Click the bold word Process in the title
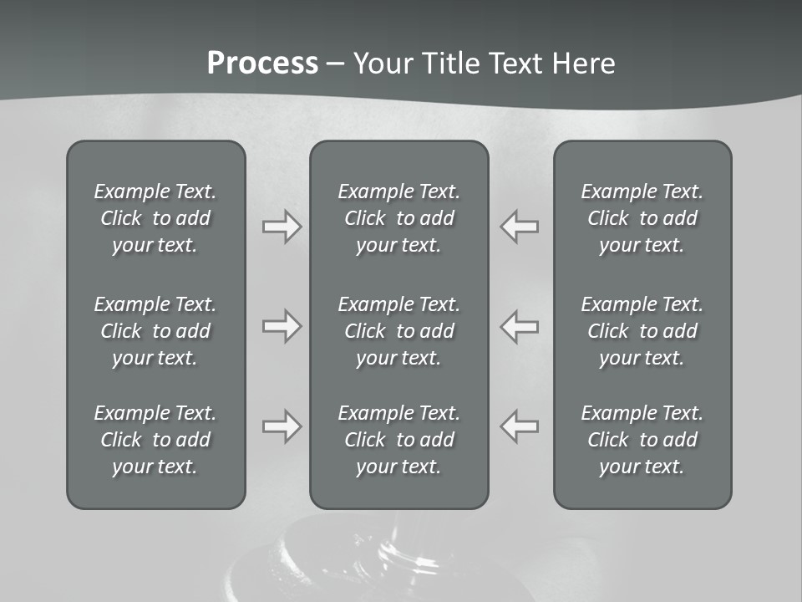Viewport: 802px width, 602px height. [x=262, y=64]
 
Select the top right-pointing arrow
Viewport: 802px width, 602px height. [x=282, y=227]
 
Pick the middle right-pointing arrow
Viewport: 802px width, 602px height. [x=282, y=326]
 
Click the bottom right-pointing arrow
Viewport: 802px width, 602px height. [x=282, y=426]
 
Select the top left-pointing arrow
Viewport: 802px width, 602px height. [x=520, y=227]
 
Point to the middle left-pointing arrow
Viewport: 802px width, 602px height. [x=520, y=326]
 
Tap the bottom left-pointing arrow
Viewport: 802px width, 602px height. [x=520, y=426]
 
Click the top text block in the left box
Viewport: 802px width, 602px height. [x=155, y=218]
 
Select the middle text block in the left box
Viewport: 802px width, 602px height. [x=155, y=331]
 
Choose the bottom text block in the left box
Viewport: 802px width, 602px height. [x=155, y=440]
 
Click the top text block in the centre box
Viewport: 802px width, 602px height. [x=399, y=218]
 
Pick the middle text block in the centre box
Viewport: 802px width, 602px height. [x=399, y=331]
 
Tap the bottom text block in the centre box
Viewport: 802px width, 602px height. [x=399, y=440]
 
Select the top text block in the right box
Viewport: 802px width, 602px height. [x=642, y=218]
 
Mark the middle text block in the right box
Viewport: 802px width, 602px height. [x=642, y=331]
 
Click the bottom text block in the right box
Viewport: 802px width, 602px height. [x=642, y=440]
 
